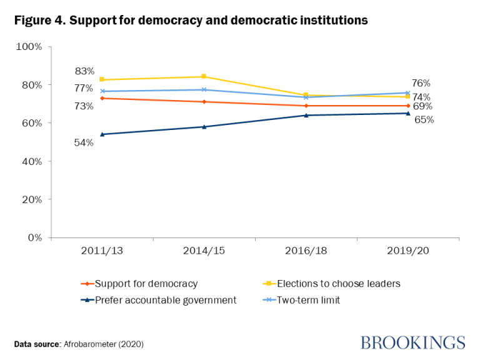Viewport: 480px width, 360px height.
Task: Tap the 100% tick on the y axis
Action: point(29,47)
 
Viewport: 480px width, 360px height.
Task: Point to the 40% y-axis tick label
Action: point(31,161)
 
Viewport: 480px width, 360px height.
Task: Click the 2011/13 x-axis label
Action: point(102,251)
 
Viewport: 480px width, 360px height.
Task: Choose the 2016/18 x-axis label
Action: point(306,251)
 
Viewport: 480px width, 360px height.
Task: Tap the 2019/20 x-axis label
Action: point(407,251)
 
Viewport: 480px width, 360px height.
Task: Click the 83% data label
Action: point(84,71)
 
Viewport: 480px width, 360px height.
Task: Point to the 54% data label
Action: point(84,142)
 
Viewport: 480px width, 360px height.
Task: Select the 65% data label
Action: point(424,119)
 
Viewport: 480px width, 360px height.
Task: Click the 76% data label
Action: point(421,83)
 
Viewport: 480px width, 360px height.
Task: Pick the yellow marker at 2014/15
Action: point(204,77)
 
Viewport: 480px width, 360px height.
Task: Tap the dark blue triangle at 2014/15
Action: point(204,127)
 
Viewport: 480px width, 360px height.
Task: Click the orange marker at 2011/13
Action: point(102,98)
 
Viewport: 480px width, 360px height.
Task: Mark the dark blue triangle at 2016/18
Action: point(306,115)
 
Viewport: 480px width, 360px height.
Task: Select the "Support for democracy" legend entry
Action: point(146,284)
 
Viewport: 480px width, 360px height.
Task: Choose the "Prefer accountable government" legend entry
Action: point(165,300)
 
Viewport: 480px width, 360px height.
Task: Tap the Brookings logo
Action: point(412,342)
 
